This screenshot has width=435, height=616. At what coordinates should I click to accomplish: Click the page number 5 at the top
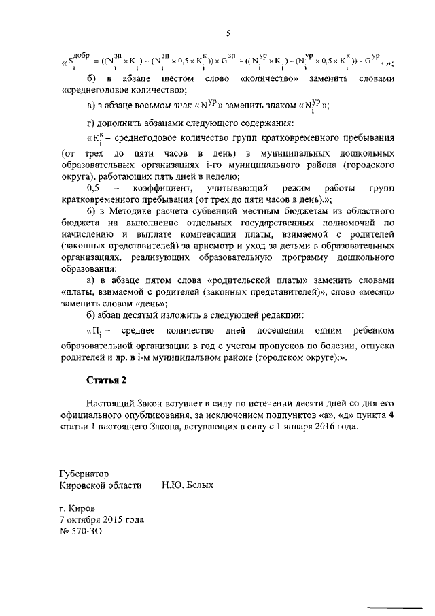tap(228, 33)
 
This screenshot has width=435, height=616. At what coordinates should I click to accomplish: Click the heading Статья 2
tap(107, 378)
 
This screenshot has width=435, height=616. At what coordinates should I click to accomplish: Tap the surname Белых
tap(198, 485)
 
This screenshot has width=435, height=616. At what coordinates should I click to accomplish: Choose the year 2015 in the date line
tap(112, 520)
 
